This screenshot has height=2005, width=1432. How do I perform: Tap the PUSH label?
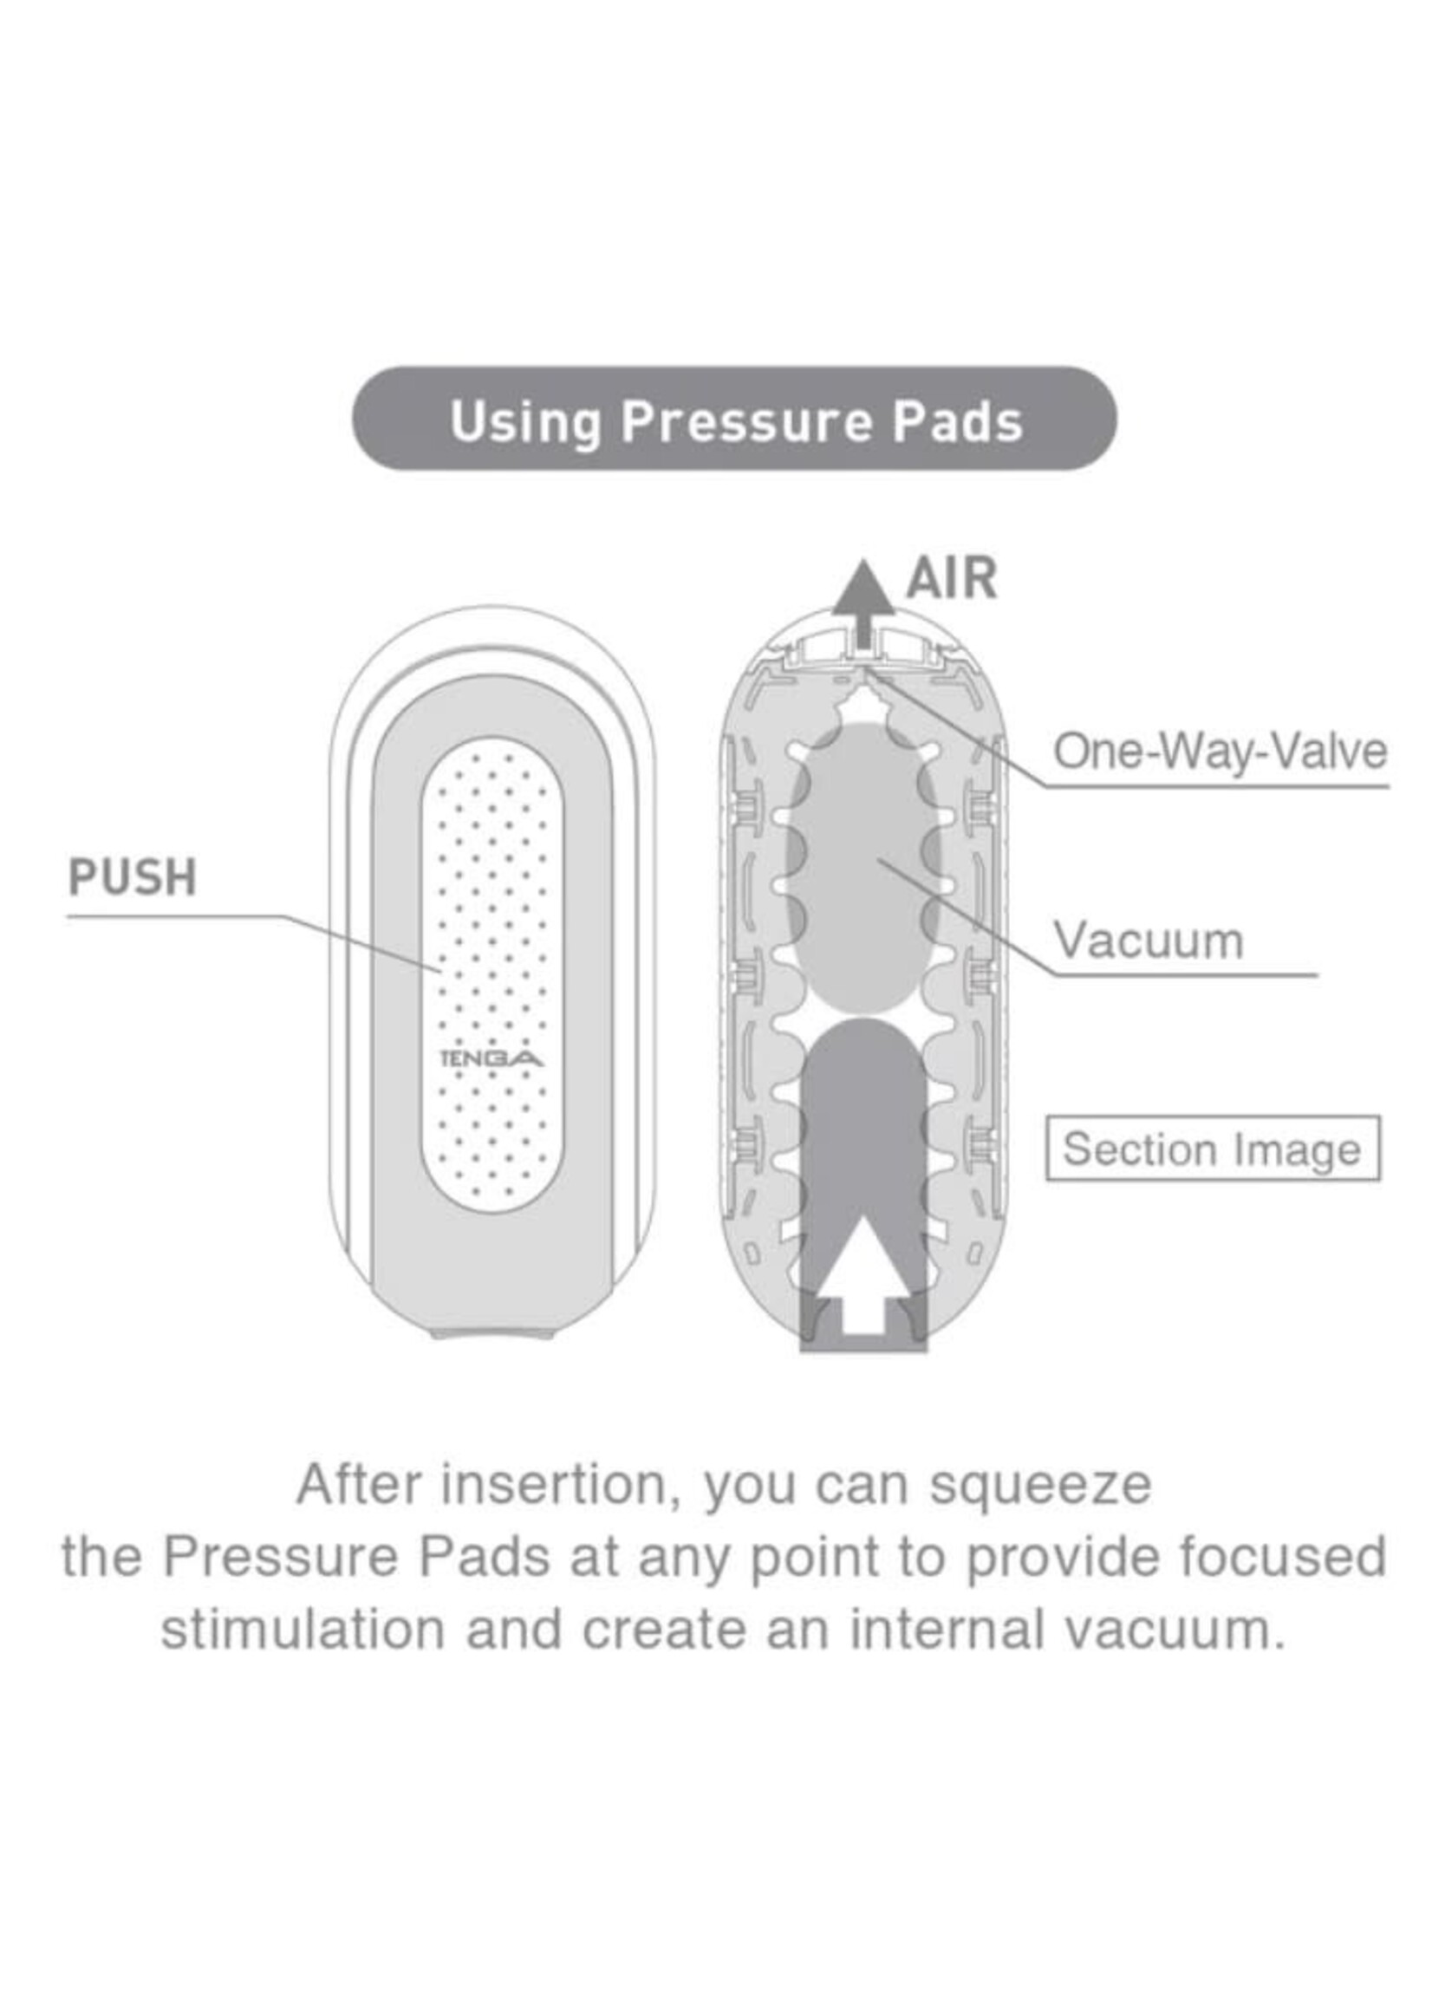(133, 876)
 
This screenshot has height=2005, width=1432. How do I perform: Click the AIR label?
(952, 578)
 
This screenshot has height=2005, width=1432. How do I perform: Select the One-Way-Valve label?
(1220, 752)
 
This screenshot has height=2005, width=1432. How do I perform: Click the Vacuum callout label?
(1149, 940)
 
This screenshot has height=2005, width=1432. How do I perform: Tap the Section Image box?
(1213, 1149)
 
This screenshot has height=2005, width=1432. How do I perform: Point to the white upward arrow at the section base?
(864, 1295)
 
